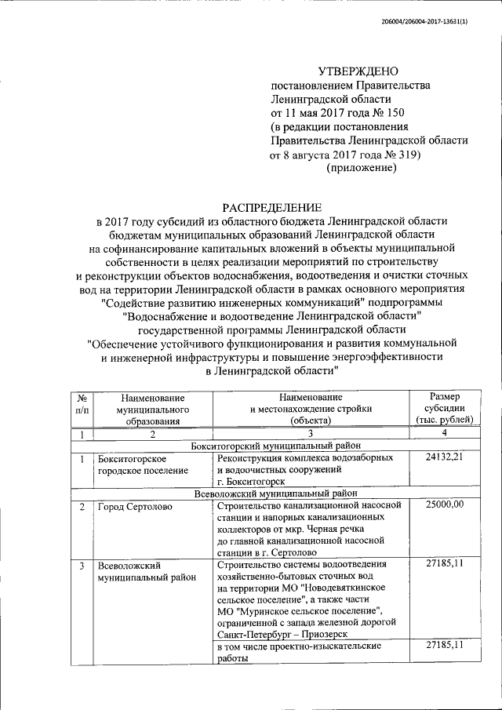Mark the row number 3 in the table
point(82,565)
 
